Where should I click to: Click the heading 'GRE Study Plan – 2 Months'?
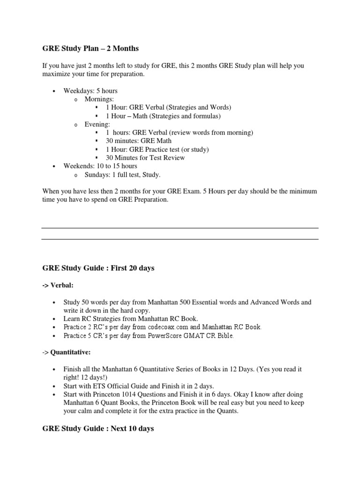coord(90,48)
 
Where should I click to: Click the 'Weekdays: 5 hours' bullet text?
coord(90,90)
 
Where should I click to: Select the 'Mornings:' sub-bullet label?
coord(99,99)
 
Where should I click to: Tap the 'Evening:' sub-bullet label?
coord(97,124)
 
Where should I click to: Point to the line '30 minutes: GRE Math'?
coord(139,141)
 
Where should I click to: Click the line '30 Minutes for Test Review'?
coord(145,157)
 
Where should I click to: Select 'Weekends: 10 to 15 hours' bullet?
coord(100,166)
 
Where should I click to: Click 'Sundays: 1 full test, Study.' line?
coord(122,174)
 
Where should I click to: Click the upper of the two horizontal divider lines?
coord(180,228)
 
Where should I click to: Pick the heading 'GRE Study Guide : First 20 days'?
coord(98,268)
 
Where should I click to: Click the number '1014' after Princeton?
coord(130,394)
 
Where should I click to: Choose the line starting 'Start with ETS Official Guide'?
coord(139,386)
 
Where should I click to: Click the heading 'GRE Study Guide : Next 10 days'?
coord(98,428)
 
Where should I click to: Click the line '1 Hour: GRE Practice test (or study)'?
coord(157,149)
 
